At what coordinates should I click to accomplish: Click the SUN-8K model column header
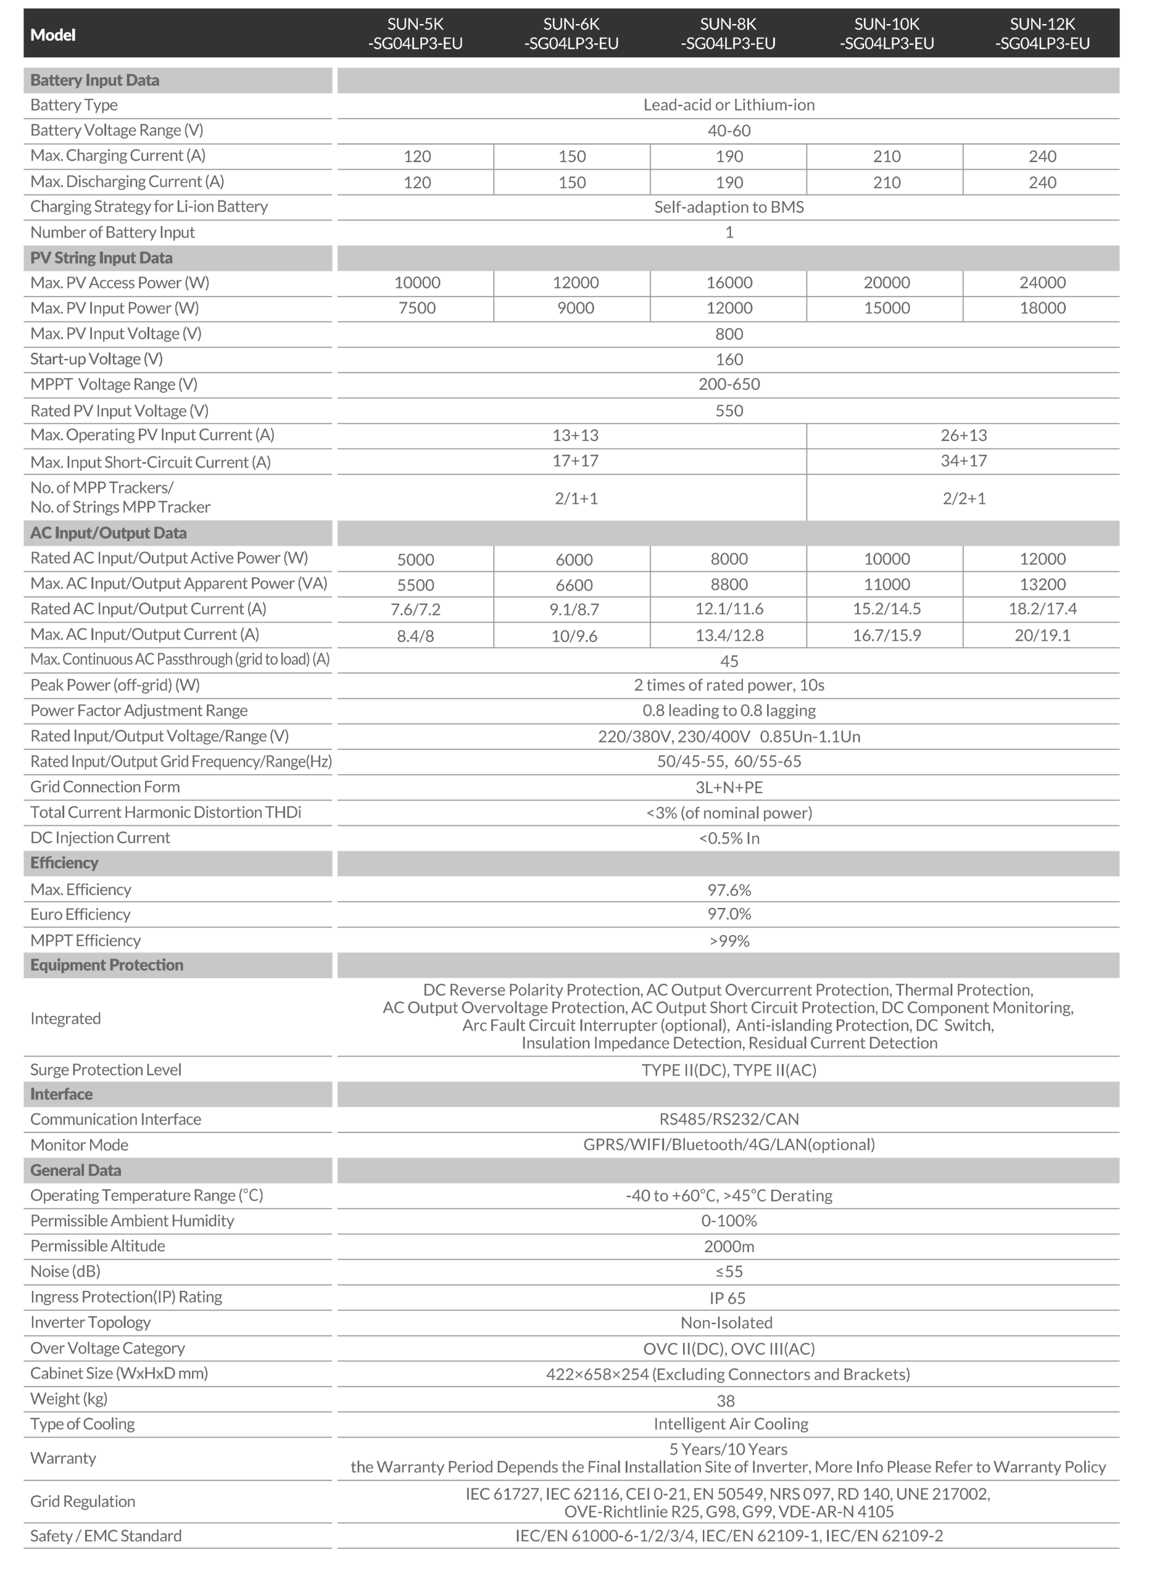728,33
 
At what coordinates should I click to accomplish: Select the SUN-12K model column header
1042,33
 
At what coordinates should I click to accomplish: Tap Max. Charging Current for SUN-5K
417,157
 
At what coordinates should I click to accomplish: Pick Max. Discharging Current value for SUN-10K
887,183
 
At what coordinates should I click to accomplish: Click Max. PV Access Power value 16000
729,282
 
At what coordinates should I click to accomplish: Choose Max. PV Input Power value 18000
1042,308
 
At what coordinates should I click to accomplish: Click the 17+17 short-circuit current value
575,461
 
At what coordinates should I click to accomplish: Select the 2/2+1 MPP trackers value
963,498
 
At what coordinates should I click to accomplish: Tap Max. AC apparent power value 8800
729,585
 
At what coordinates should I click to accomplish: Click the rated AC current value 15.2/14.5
887,609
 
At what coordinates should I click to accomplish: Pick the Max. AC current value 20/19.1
1042,635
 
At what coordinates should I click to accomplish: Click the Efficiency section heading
64,864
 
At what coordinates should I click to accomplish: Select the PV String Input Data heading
101,258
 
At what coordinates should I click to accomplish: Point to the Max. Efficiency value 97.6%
729,890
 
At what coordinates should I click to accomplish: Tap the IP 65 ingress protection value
727,1298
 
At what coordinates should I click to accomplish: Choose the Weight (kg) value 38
726,1400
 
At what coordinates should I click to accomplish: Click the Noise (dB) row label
65,1272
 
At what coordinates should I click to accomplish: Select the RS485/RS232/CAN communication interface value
729,1119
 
